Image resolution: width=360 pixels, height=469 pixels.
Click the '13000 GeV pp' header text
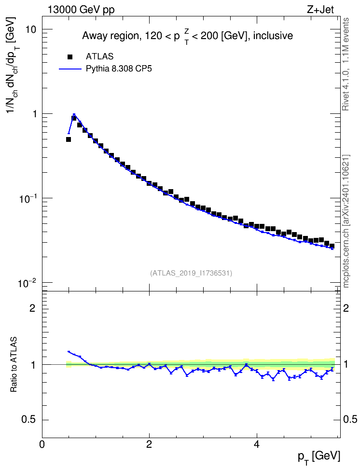pos(81,10)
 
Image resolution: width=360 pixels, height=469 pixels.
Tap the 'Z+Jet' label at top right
pos(320,10)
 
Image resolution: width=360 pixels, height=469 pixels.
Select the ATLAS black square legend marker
pos(70,56)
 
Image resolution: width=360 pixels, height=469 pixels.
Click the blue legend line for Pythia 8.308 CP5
pos(70,69)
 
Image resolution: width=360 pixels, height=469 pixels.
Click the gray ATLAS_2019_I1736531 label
pos(191,273)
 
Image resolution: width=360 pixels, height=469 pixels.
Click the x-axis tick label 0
pos(42,444)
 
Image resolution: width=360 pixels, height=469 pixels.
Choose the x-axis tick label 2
pos(149,444)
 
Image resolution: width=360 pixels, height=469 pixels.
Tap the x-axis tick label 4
pos(256,444)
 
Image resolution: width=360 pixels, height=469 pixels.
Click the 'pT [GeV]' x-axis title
pos(319,457)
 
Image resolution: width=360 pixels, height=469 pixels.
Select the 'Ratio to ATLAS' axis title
pos(14,364)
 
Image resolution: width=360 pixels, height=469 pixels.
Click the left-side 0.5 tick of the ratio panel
pos(29,420)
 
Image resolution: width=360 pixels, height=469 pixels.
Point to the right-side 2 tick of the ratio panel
pos(346,308)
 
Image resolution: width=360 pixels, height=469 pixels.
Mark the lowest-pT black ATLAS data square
pos(69,139)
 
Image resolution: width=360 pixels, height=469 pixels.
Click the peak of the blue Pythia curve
pos(74,114)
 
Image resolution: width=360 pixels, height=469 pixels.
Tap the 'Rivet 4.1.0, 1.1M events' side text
pos(346,64)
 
